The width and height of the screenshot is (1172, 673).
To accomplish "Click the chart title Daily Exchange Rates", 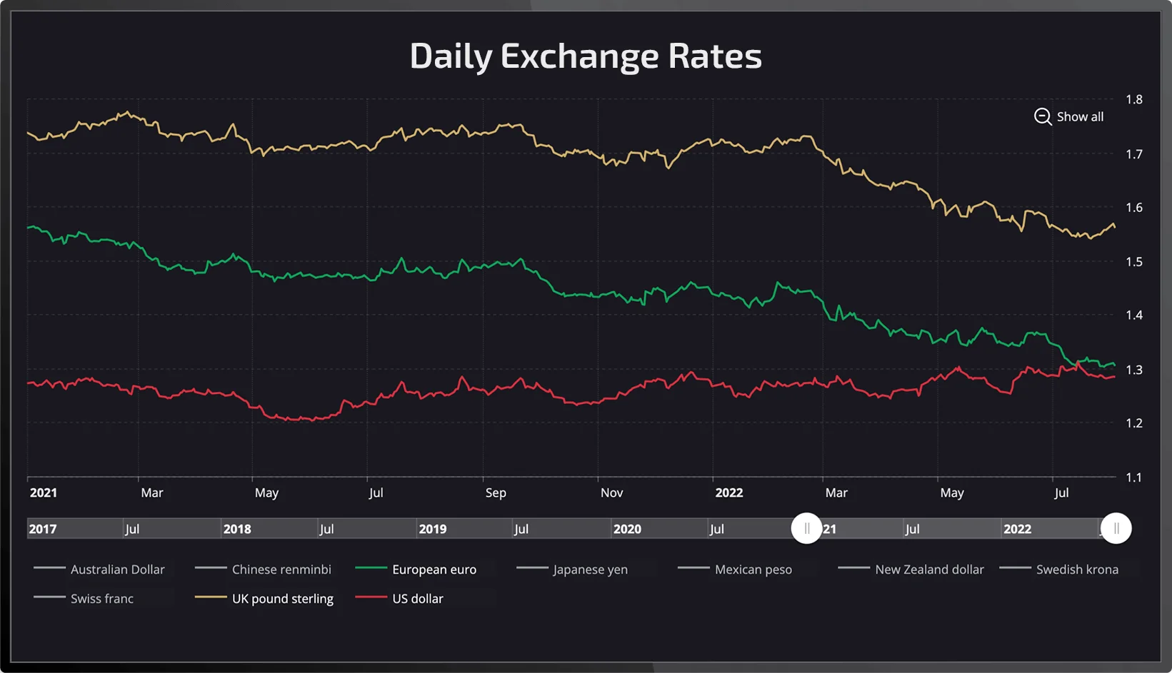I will point(586,56).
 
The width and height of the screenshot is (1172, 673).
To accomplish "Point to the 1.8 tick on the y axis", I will point(1133,99).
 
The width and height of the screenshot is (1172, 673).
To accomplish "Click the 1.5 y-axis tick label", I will point(1133,261).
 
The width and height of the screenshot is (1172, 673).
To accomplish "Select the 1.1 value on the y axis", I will point(1133,477).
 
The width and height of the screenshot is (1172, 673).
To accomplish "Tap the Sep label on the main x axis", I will point(496,492).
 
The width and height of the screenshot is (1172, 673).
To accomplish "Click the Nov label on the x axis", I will point(611,492).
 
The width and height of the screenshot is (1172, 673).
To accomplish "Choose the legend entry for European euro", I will point(434,570).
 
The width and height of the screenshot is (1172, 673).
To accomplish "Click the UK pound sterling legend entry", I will point(282,599).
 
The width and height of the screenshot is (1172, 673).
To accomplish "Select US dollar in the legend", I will point(417,599).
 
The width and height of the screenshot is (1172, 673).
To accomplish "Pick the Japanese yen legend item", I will point(590,570).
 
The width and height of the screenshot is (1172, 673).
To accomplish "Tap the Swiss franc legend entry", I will point(101,599).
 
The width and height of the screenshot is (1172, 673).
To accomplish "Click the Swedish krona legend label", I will point(1077,570).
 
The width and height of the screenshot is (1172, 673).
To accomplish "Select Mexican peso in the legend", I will point(753,570).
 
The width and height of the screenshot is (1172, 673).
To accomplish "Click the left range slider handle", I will point(806,529).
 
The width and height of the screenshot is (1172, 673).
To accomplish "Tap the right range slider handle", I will point(1116,529).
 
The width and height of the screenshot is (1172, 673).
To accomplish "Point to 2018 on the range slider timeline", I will point(237,529).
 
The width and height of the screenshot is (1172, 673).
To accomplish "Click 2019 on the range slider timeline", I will point(433,529).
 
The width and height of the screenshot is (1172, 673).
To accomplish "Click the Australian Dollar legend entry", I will point(117,570).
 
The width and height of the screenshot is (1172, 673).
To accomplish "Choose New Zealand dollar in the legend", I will point(929,570).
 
